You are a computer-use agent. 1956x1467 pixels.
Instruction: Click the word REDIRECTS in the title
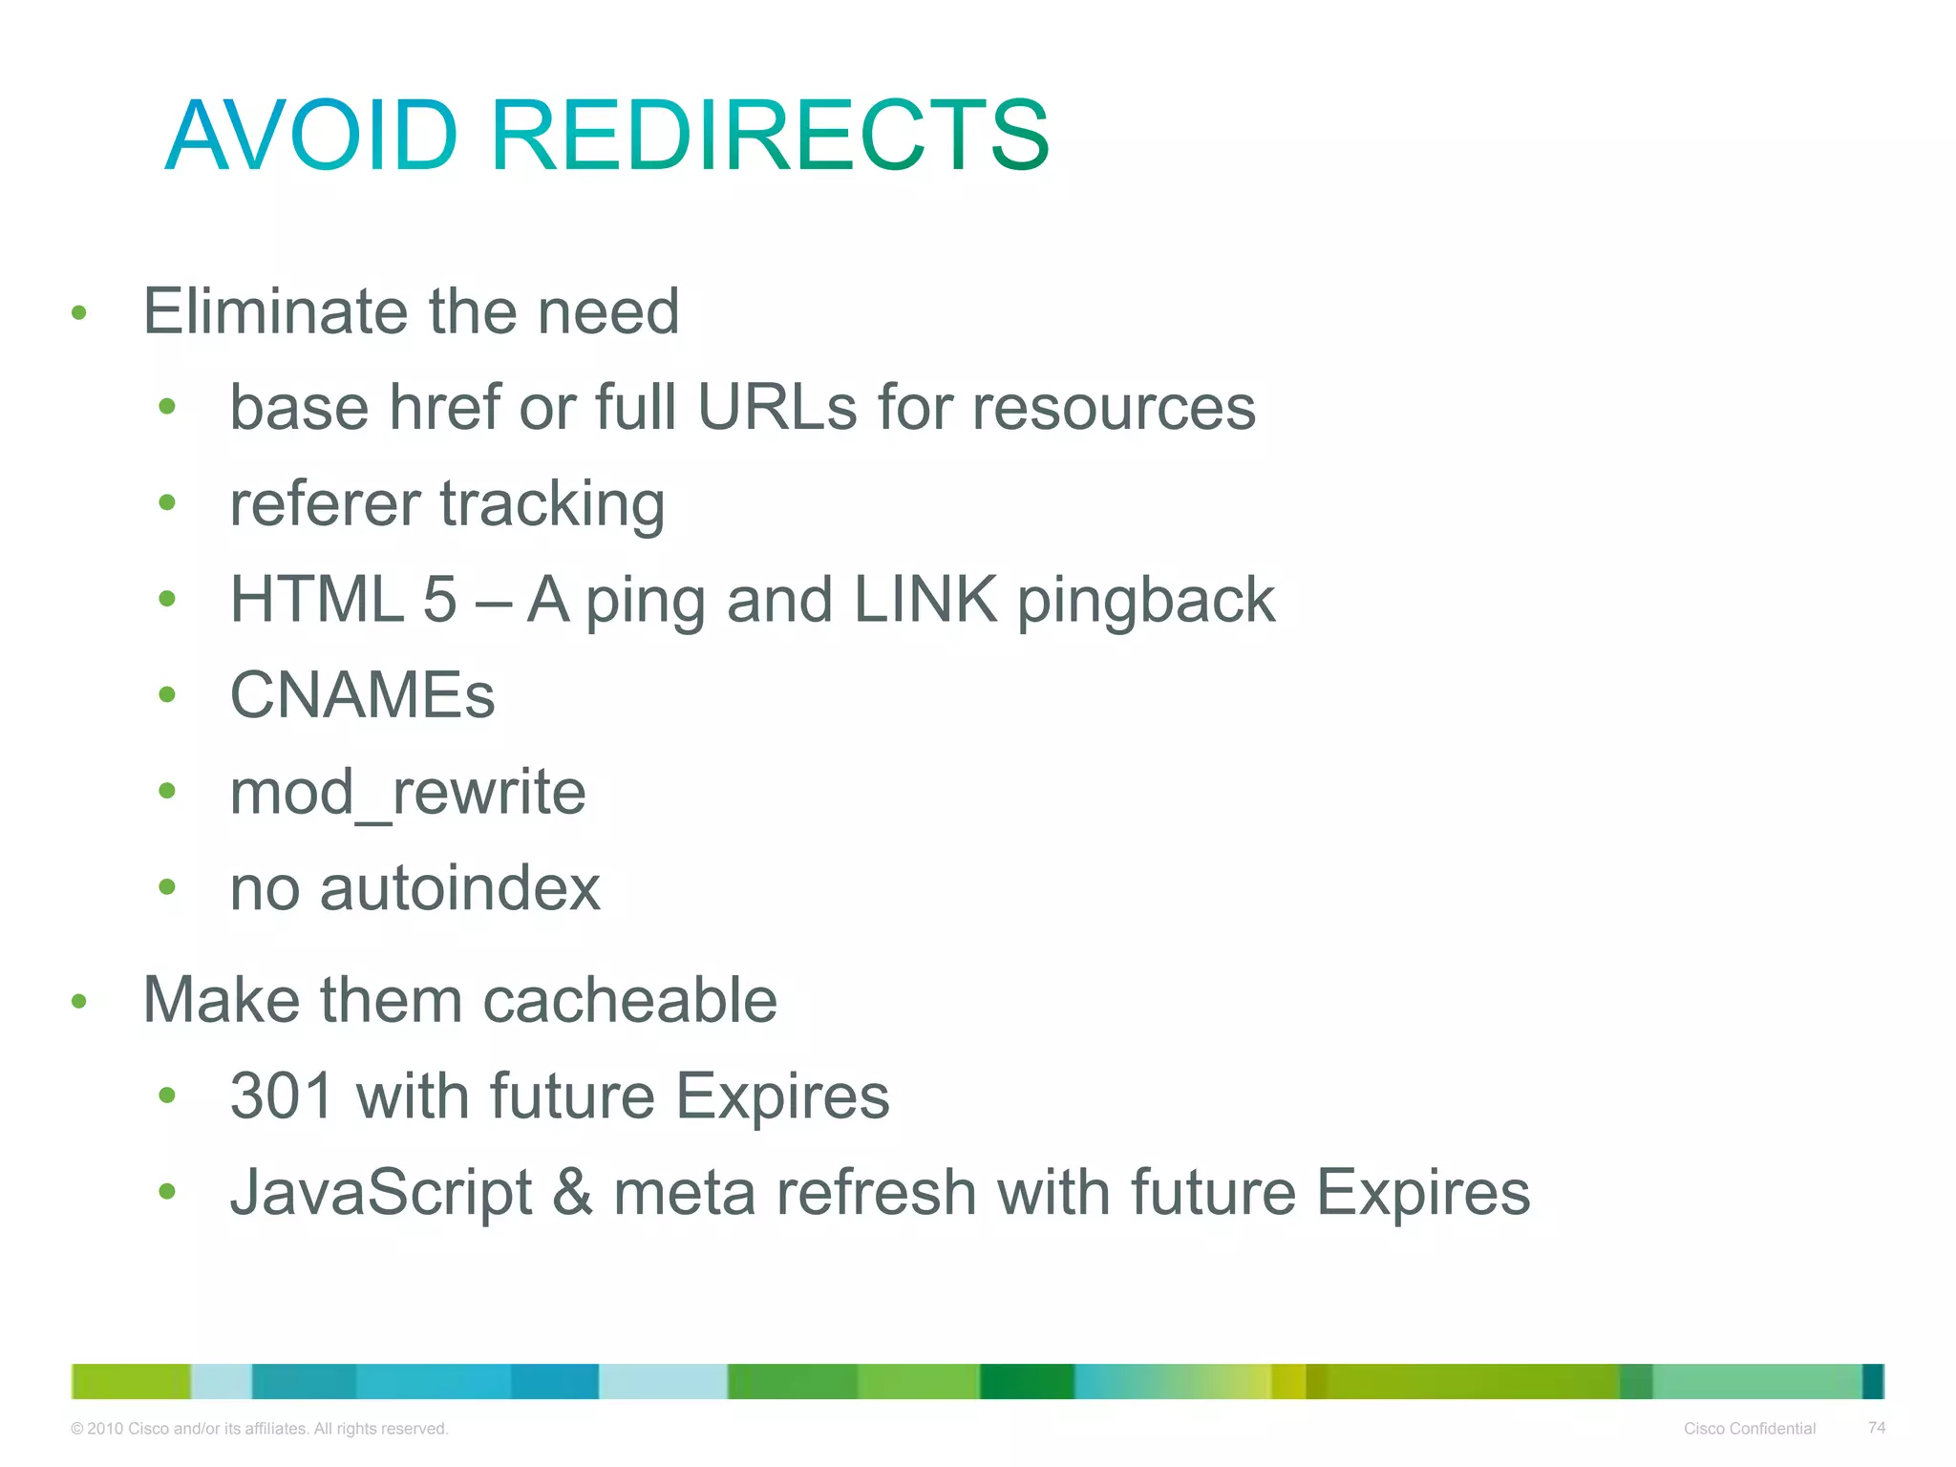click(x=770, y=136)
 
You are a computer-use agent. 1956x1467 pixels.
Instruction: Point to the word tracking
click(x=552, y=504)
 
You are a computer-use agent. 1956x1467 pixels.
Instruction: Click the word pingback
click(x=1146, y=602)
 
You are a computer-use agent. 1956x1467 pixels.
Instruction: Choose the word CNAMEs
click(x=363, y=695)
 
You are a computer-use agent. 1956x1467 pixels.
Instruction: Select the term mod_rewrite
click(x=408, y=793)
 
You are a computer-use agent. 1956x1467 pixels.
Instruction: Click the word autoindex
click(x=460, y=888)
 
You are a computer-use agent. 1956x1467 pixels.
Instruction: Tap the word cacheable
click(x=630, y=1000)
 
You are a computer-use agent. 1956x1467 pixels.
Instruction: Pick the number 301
click(x=282, y=1095)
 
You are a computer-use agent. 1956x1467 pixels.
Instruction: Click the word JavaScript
click(x=381, y=1193)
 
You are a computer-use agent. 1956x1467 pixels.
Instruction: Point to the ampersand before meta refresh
click(x=572, y=1193)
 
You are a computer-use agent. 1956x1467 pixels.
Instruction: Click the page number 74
click(x=1877, y=1428)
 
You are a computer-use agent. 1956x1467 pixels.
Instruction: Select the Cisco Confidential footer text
click(x=1750, y=1429)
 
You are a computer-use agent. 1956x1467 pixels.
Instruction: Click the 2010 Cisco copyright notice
click(x=260, y=1429)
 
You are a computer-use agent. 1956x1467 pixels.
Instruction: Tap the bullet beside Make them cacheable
click(x=79, y=1002)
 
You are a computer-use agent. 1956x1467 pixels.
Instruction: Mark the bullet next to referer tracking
click(x=167, y=502)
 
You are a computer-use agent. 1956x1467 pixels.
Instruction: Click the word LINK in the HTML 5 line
click(x=925, y=600)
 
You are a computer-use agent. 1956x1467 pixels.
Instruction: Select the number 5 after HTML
click(x=440, y=600)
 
